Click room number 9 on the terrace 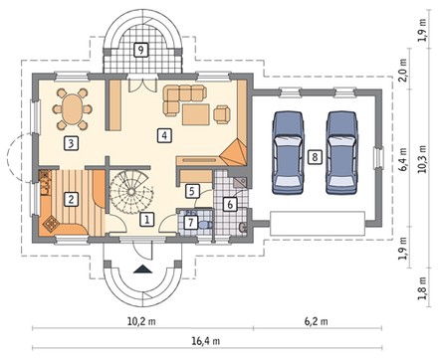[x=141, y=50]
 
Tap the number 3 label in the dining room [x=71, y=144]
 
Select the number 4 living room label [x=164, y=135]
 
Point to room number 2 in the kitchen [x=71, y=199]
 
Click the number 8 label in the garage [x=315, y=156]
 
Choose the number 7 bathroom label [x=190, y=222]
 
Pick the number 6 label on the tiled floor [x=230, y=204]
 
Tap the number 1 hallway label [x=146, y=219]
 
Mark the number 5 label [x=192, y=191]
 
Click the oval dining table [x=73, y=109]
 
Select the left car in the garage [x=288, y=152]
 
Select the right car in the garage [x=341, y=152]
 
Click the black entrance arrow [x=142, y=270]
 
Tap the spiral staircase [x=131, y=192]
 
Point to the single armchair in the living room [x=222, y=114]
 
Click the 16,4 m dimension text [x=206, y=340]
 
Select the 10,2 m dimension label [x=141, y=321]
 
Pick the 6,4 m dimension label [x=403, y=159]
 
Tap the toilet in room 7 [x=206, y=225]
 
